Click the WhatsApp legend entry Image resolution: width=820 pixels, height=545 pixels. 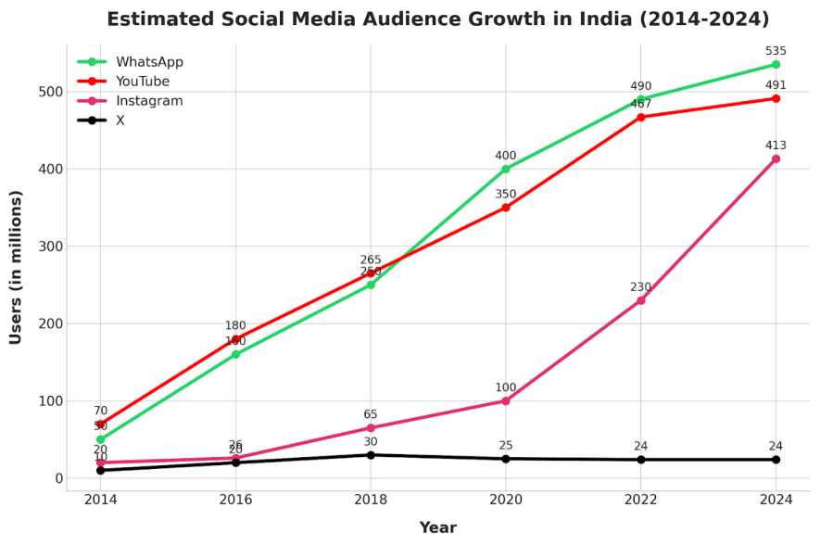click(149, 62)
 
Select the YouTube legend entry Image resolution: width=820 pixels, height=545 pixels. click(143, 82)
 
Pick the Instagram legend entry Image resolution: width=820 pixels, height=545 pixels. click(149, 101)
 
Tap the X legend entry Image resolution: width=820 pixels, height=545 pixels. click(120, 120)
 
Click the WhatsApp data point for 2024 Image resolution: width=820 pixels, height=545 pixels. click(776, 65)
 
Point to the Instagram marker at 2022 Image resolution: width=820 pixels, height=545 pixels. click(640, 300)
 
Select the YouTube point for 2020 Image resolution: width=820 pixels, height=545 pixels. click(506, 208)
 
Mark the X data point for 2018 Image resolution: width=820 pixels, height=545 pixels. click(371, 455)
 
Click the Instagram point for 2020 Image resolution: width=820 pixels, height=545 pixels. click(506, 401)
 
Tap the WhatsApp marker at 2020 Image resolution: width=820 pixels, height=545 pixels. click(506, 169)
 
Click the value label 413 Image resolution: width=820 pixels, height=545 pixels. click(776, 146)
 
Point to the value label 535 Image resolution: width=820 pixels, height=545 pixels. click(776, 51)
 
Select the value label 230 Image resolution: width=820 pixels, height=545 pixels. click(640, 287)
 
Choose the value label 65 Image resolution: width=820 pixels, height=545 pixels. click(371, 415)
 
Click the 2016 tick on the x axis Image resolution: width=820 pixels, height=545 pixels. click(235, 500)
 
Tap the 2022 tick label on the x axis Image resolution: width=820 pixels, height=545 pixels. click(640, 500)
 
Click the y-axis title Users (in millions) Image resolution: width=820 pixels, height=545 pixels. click(16, 267)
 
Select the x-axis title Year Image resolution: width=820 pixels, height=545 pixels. click(437, 528)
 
